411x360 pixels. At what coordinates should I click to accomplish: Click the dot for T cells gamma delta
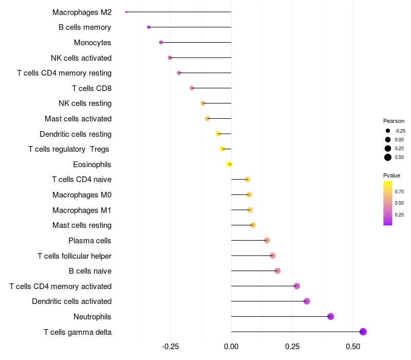pyautogui.click(x=363, y=332)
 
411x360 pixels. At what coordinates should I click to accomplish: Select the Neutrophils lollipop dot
pyautogui.click(x=331, y=316)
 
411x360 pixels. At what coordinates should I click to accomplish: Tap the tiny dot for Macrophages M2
pyautogui.click(x=126, y=12)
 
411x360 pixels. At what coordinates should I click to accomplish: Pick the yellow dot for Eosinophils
pyautogui.click(x=230, y=164)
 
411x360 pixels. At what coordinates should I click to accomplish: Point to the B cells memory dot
pyautogui.click(x=148, y=27)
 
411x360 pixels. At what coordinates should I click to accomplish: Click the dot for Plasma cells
pyautogui.click(x=267, y=240)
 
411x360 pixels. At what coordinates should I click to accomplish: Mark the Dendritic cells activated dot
pyautogui.click(x=307, y=301)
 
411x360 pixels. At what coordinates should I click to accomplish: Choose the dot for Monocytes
pyautogui.click(x=161, y=42)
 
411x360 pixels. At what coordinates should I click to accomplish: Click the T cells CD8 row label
pyautogui.click(x=91, y=88)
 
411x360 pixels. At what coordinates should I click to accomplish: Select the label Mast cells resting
pyautogui.click(x=82, y=225)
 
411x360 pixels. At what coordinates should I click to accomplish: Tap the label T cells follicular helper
pyautogui.click(x=74, y=256)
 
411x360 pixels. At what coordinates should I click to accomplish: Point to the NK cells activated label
pyautogui.click(x=81, y=58)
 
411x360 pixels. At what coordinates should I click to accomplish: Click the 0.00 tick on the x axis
pyautogui.click(x=231, y=347)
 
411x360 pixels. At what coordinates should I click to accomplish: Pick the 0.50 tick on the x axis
pyautogui.click(x=353, y=347)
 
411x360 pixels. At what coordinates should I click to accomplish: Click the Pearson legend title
pyautogui.click(x=394, y=121)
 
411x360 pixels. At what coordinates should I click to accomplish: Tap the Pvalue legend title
pyautogui.click(x=391, y=175)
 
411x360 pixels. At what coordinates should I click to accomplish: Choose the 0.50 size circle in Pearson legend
pyautogui.click(x=388, y=157)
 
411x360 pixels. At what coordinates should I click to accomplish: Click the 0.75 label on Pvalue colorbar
pyautogui.click(x=399, y=191)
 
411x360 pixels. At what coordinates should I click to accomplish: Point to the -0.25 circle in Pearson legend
pyautogui.click(x=388, y=131)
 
